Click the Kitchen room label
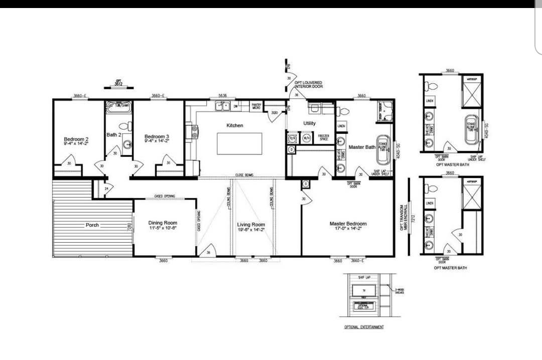(234, 125)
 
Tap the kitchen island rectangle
(239, 144)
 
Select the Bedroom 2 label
(76, 139)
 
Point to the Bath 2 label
(114, 134)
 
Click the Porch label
(92, 225)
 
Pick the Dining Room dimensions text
(163, 228)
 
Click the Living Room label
(251, 224)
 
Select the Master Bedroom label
(348, 224)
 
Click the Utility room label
(310, 123)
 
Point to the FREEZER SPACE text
(324, 138)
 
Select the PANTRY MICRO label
(256, 106)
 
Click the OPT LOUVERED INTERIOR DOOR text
(308, 85)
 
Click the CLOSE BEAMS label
(244, 175)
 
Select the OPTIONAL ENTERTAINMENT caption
(364, 327)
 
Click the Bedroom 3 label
(157, 137)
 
